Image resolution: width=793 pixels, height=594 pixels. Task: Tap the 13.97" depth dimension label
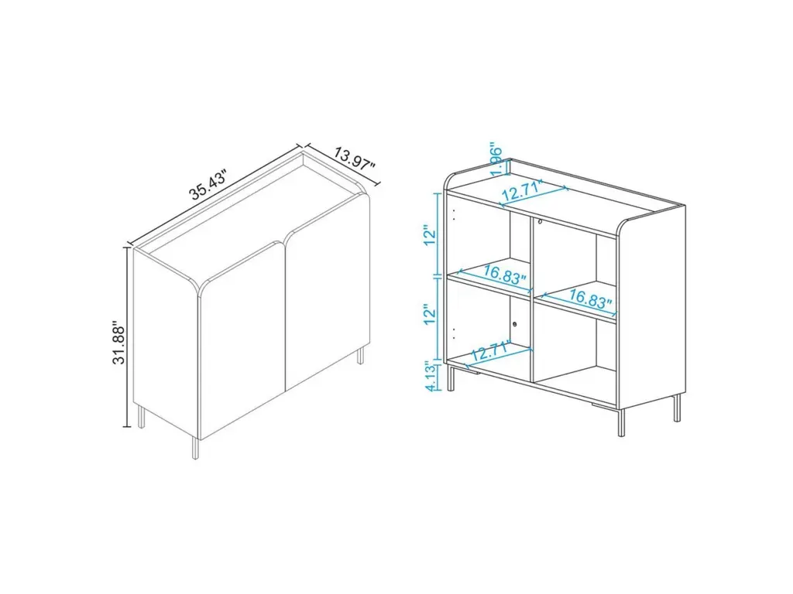tap(354, 160)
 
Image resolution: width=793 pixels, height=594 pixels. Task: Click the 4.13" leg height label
tap(431, 377)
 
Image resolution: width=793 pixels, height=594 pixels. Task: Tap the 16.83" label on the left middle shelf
tap(504, 274)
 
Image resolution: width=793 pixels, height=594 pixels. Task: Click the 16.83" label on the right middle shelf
tap(590, 299)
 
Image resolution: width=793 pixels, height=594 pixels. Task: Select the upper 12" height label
tap(431, 234)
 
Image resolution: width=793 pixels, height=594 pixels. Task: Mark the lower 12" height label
tap(431, 314)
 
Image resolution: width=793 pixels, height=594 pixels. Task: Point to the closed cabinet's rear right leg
tap(361, 356)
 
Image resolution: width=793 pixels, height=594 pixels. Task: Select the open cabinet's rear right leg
tap(677, 408)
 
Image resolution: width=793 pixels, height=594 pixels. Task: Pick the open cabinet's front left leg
tap(450, 377)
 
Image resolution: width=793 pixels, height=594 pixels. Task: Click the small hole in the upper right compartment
tap(540, 221)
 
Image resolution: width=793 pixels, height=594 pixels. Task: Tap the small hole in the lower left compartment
tap(515, 325)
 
